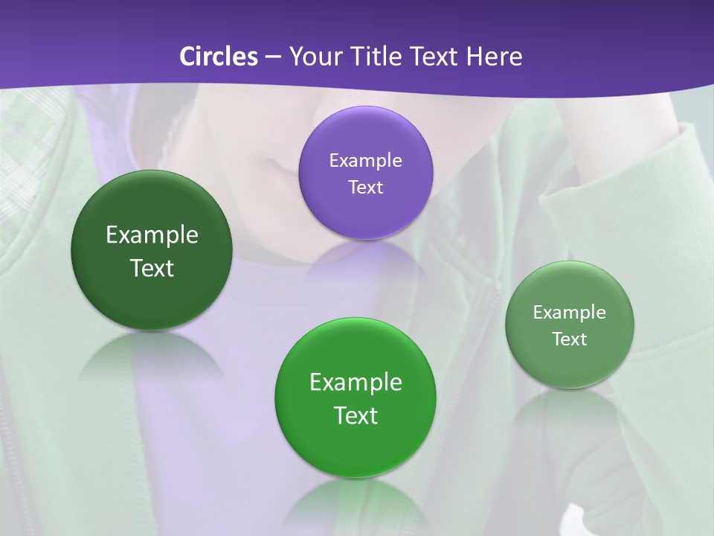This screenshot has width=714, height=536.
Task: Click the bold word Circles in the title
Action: (218, 56)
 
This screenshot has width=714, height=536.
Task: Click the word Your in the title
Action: (314, 56)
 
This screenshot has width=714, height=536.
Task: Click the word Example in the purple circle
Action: (365, 160)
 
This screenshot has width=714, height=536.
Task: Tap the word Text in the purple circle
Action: (365, 187)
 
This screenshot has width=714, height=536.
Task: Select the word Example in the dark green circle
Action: (152, 235)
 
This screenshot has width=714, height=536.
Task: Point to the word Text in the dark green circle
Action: (152, 268)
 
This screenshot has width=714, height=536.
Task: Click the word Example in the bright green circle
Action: (356, 383)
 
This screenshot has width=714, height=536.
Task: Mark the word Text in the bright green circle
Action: (356, 415)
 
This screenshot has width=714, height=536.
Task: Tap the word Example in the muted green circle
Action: (570, 312)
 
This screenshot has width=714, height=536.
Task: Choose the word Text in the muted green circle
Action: (570, 339)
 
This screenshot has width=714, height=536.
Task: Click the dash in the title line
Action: (272, 56)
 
